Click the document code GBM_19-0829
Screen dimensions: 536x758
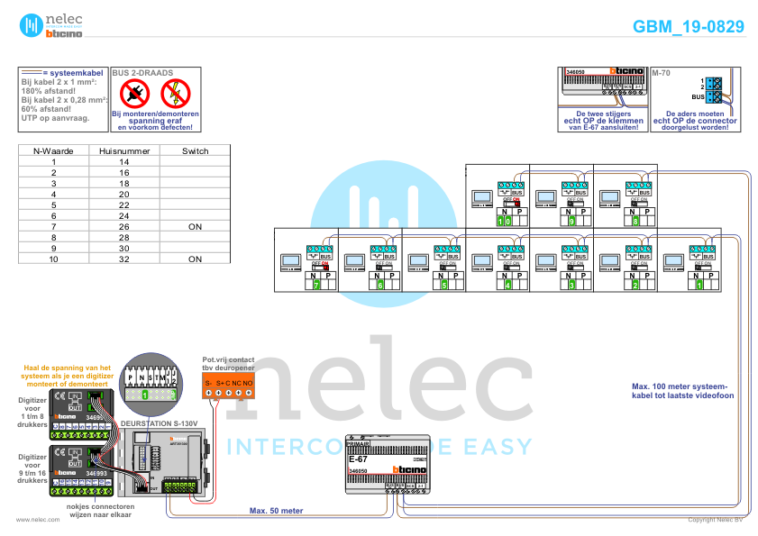689,27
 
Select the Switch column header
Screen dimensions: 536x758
195,151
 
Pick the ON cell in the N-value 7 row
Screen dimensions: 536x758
195,226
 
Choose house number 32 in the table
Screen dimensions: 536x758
124,259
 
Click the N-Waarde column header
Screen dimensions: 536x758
54,151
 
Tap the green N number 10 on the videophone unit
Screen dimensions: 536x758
508,220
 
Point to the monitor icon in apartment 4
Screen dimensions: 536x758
481,261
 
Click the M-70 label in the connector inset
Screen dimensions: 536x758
662,71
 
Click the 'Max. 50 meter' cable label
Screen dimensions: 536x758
277,510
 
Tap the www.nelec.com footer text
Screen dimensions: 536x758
32,520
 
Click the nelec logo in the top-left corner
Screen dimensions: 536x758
52,25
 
